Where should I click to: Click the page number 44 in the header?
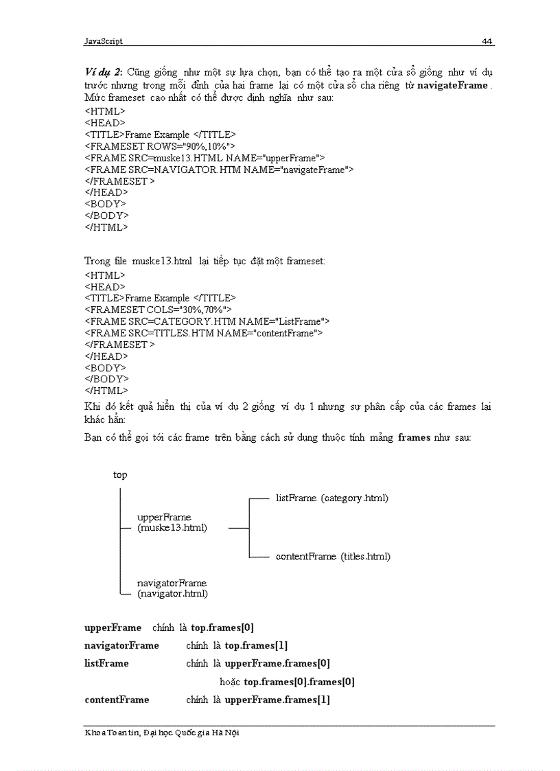[x=487, y=41]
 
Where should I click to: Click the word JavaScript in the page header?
[x=104, y=41]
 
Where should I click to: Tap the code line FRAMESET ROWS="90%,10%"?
[x=160, y=146]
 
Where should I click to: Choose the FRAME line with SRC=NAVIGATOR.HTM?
[x=219, y=170]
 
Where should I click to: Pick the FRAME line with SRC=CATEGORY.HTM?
[x=207, y=321]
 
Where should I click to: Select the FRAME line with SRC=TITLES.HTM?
[x=204, y=333]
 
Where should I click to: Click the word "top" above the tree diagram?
[x=120, y=474]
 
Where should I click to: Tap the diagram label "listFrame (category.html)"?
[x=332, y=498]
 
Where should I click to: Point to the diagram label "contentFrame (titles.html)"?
[x=333, y=556]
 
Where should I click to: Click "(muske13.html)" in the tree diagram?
[x=172, y=528]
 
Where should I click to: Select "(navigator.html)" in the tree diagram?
[x=172, y=593]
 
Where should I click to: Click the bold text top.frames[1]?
[x=256, y=645]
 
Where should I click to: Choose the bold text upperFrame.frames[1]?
[x=277, y=700]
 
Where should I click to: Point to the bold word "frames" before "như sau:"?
[x=415, y=437]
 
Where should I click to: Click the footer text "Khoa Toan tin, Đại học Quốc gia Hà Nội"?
[x=162, y=733]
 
